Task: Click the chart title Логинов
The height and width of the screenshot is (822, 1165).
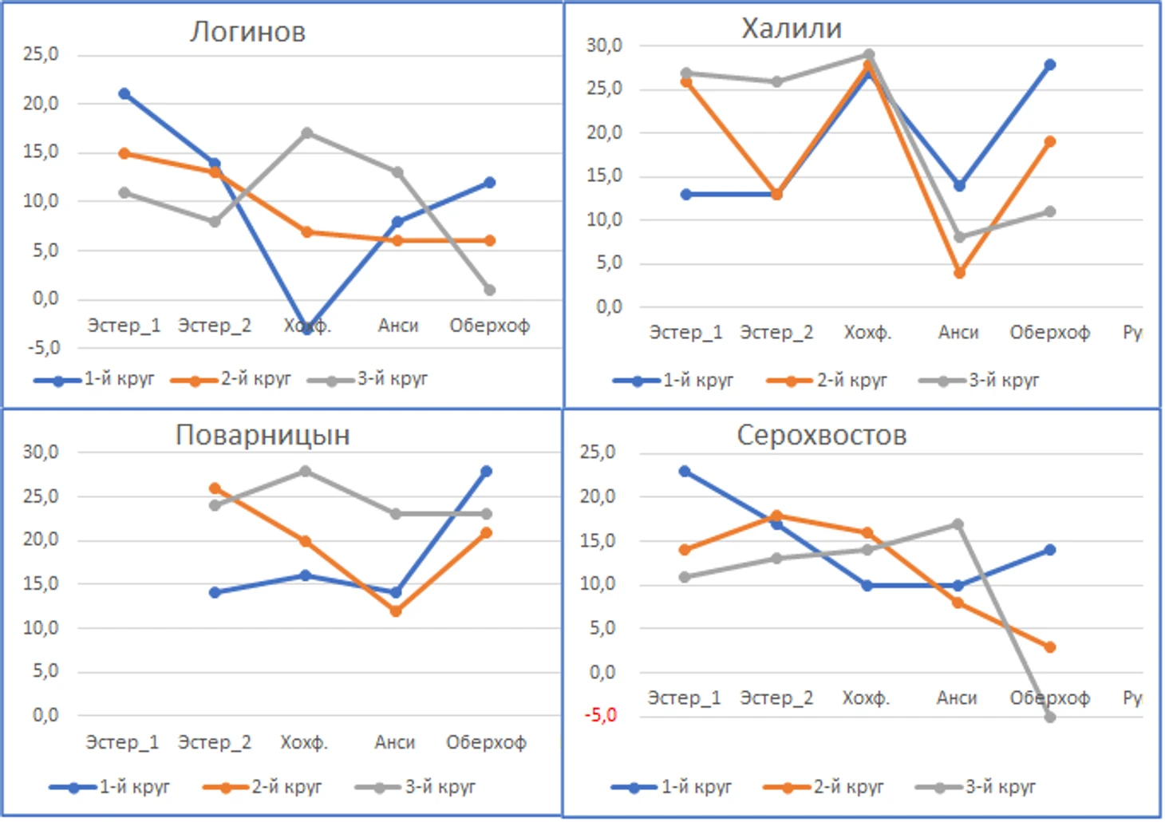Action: tap(247, 32)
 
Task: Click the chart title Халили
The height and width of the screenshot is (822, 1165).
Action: tap(791, 29)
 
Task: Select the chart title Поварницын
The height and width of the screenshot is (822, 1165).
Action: tap(263, 435)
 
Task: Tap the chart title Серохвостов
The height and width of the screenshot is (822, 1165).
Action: tap(821, 435)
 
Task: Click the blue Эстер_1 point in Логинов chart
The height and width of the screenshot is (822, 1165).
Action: tap(124, 94)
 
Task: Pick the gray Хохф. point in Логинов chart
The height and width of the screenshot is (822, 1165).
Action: tap(306, 133)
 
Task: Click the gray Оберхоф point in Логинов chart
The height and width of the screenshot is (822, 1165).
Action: tap(490, 290)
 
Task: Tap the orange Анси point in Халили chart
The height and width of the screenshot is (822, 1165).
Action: tap(959, 273)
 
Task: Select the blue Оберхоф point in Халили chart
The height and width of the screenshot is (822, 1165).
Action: tap(1050, 65)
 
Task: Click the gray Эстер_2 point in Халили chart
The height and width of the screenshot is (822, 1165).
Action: tap(776, 82)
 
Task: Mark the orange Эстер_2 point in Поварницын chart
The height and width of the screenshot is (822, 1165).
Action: tap(215, 488)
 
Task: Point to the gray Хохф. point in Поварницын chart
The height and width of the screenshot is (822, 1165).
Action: tap(306, 472)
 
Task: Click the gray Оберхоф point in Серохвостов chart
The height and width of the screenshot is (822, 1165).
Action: tap(1050, 717)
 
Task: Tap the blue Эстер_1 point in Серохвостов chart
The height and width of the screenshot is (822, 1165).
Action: tap(685, 472)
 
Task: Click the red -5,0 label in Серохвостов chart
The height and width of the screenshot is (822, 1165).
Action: tap(600, 715)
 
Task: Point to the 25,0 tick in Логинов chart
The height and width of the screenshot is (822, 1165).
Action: tap(41, 54)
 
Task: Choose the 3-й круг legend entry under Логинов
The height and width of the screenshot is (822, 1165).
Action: tap(391, 379)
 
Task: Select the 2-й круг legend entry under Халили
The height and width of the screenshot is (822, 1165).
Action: tap(851, 381)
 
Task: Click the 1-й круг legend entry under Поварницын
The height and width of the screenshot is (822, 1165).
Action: tap(134, 788)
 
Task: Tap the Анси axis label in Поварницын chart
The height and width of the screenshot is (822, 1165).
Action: tap(395, 743)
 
